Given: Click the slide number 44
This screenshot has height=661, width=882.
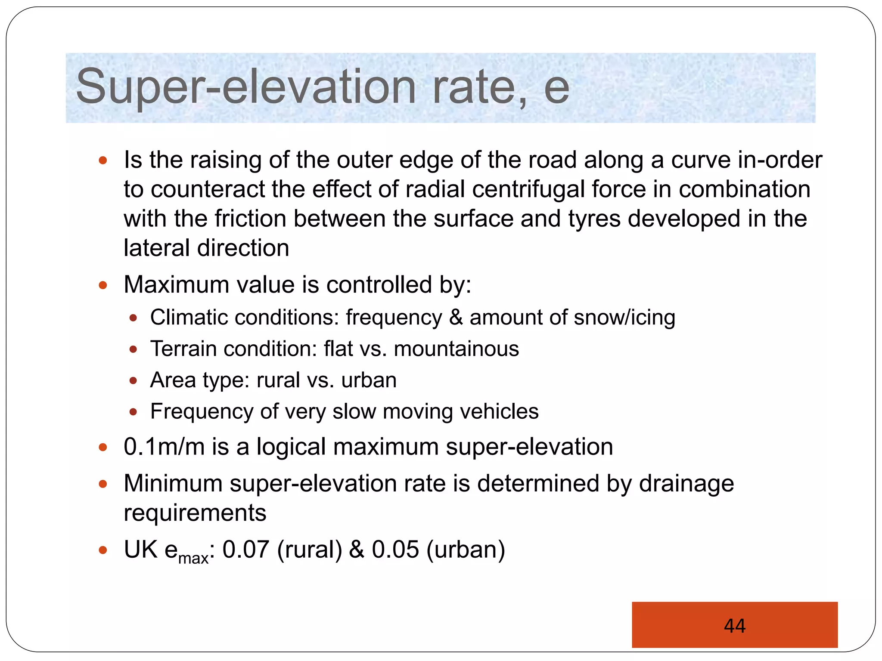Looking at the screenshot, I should pos(734,625).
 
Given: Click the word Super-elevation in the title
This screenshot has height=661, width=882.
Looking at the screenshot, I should pos(246,87).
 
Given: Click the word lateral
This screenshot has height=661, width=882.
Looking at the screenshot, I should pos(156,248).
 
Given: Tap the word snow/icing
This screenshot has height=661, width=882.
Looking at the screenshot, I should pos(624,318).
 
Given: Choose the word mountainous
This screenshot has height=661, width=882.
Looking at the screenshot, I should pos(456,349).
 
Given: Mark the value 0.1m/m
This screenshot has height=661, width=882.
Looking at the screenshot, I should pos(164,447).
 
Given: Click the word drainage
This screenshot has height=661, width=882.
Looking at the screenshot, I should pos(686,484).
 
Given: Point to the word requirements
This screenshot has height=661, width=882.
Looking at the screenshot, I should pos(195,513).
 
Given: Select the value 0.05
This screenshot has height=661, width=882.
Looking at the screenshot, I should pos(395,550).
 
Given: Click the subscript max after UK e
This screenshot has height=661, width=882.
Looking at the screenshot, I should pos(193,558).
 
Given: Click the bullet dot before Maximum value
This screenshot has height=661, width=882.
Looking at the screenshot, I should pos(102,285).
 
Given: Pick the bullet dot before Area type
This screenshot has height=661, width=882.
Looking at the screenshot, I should pos(133,380).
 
